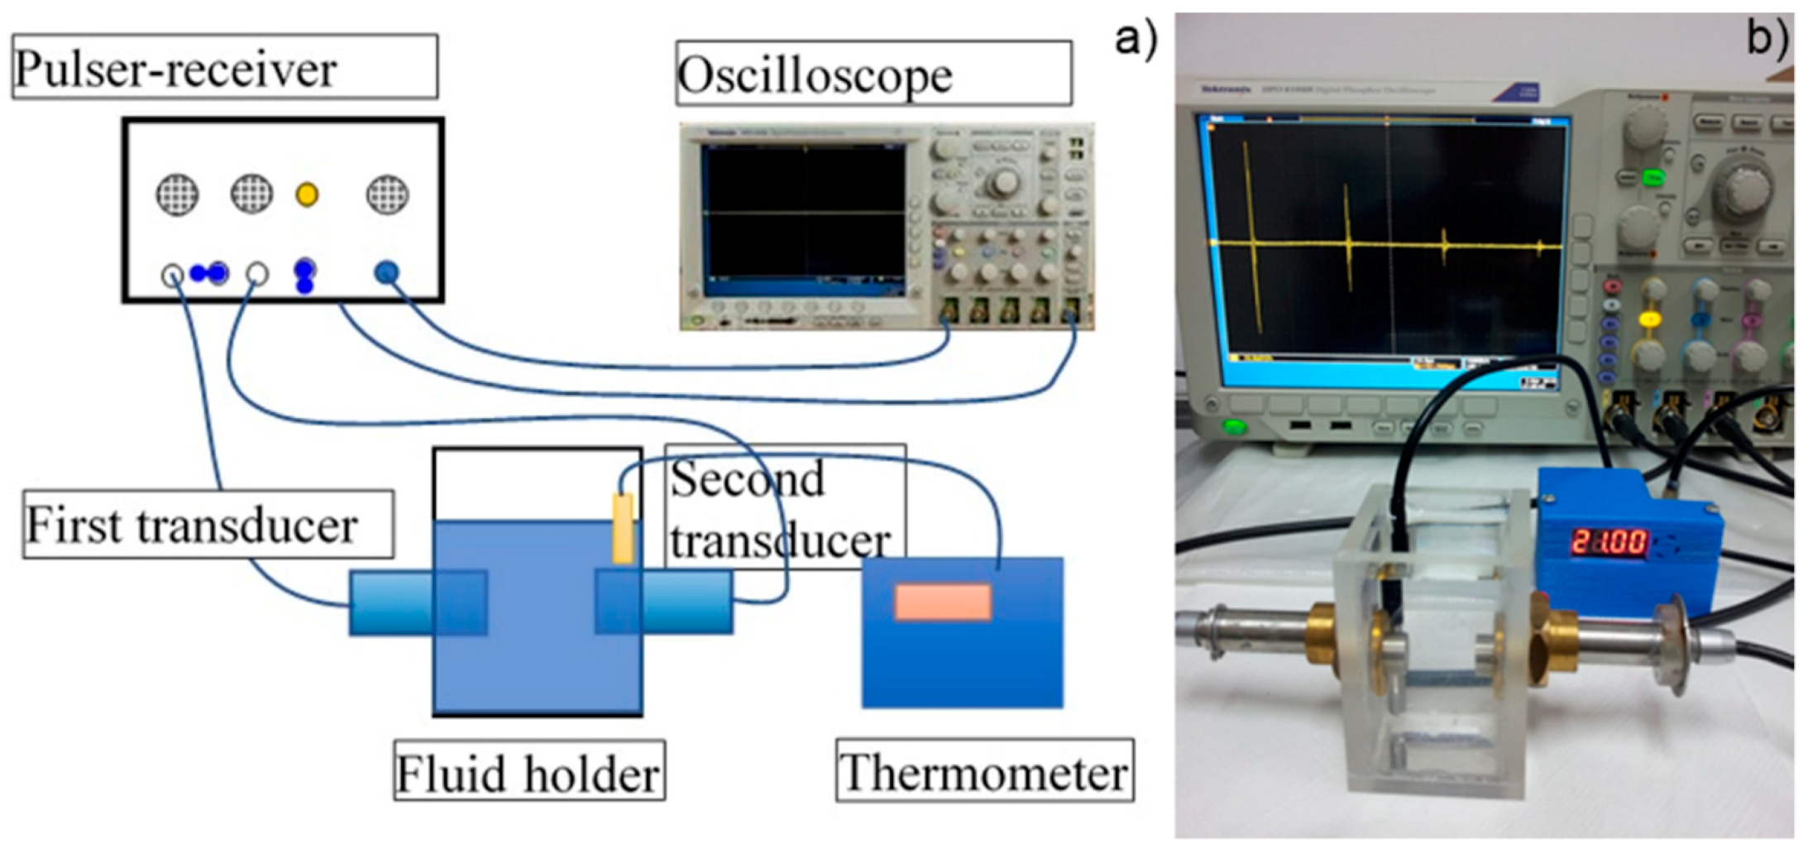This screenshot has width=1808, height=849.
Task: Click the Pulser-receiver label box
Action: (x=224, y=67)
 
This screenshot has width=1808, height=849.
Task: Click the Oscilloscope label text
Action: (x=815, y=75)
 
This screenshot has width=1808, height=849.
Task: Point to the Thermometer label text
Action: (x=984, y=771)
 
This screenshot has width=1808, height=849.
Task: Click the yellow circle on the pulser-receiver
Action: (x=307, y=194)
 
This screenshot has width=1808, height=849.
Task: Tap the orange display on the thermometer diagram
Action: (x=943, y=602)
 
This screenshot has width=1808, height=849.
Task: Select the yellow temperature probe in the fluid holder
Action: (x=623, y=529)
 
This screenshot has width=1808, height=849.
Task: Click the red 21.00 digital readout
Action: (x=1608, y=543)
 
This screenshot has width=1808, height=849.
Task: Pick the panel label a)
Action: (x=1135, y=37)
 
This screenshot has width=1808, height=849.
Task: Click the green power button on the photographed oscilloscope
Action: (x=1235, y=427)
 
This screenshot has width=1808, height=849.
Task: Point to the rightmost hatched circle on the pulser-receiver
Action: (x=387, y=194)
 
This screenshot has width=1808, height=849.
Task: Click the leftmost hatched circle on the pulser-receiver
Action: (x=177, y=194)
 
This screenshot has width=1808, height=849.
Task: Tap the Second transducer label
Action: (x=782, y=508)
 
